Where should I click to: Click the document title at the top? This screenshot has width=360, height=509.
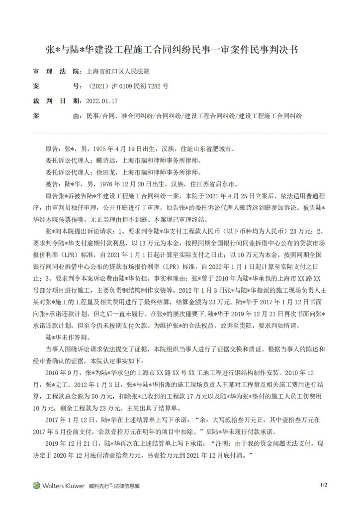click(180, 50)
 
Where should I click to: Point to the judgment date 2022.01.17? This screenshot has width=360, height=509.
click(102, 101)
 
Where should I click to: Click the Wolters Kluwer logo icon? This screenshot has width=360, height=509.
click(36, 485)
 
